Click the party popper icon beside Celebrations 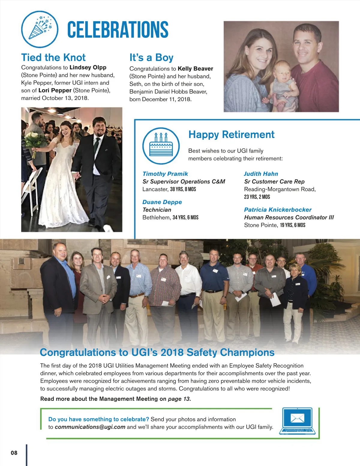click(40, 29)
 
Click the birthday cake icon click(161, 146)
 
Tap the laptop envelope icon click(297, 421)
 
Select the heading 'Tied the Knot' click(53, 57)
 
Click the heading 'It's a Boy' click(151, 57)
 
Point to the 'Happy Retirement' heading click(231, 134)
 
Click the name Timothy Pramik click(165, 174)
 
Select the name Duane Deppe click(162, 202)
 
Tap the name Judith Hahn click(261, 174)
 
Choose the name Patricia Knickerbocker click(277, 209)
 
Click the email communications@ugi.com click(90, 427)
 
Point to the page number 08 click(14, 453)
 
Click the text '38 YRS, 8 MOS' click(183, 189)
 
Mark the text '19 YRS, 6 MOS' click(292, 225)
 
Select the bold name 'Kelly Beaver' click(195, 69)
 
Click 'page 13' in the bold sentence click(178, 399)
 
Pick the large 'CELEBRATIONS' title click(118, 29)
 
